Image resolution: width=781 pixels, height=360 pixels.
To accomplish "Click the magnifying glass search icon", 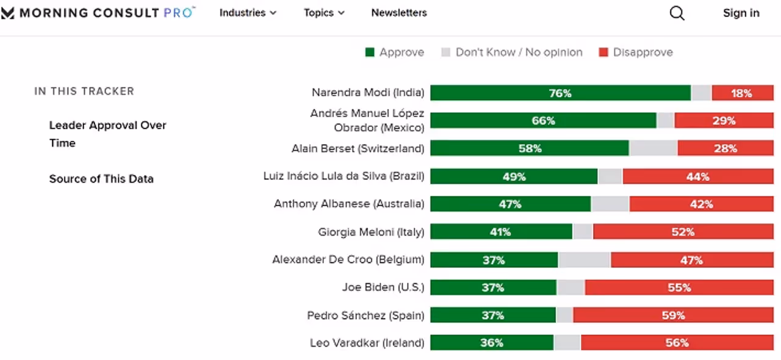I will click(x=677, y=13).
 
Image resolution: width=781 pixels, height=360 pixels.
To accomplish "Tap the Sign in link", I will click(x=741, y=13).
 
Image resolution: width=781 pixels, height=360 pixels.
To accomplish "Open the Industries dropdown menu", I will click(x=248, y=13).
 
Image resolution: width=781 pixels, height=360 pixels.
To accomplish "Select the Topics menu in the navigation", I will click(x=324, y=13).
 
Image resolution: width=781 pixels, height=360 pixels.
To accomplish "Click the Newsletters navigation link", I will click(x=399, y=13).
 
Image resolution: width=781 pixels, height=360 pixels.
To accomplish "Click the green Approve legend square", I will click(x=370, y=52).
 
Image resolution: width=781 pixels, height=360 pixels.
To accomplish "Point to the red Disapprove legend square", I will click(x=603, y=52).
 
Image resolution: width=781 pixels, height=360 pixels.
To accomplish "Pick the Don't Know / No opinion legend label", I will click(x=519, y=52).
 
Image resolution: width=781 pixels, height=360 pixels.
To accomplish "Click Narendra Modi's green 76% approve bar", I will click(x=560, y=93).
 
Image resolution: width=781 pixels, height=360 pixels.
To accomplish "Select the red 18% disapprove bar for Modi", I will click(x=742, y=93).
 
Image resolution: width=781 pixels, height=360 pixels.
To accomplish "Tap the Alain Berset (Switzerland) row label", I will click(x=358, y=148).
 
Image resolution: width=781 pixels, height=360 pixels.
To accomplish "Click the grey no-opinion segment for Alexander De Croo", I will click(x=584, y=260).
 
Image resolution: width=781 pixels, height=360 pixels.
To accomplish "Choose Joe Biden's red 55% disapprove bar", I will click(x=678, y=287).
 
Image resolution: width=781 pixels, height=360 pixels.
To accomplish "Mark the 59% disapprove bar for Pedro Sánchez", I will click(x=673, y=315).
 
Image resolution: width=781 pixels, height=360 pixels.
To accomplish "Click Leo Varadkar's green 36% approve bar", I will click(x=492, y=343).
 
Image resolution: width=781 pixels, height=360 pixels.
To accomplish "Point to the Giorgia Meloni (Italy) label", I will click(x=371, y=232).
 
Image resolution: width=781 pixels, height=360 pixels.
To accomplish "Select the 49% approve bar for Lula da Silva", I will click(x=514, y=176).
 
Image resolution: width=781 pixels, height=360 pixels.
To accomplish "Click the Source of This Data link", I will click(x=101, y=179).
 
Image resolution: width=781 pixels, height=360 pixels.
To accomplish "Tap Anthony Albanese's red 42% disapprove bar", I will click(x=701, y=204).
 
